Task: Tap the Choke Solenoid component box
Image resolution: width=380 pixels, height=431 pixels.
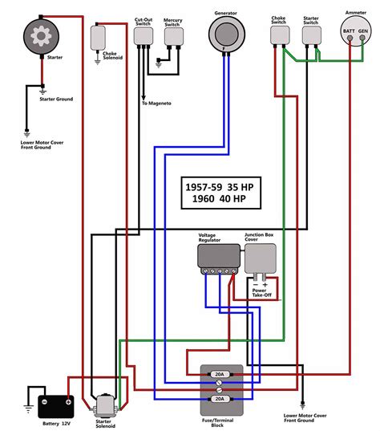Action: [x=100, y=37]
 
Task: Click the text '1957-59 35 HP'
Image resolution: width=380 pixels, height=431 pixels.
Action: [x=218, y=187]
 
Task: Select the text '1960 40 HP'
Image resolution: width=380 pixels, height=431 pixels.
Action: [x=218, y=202]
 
